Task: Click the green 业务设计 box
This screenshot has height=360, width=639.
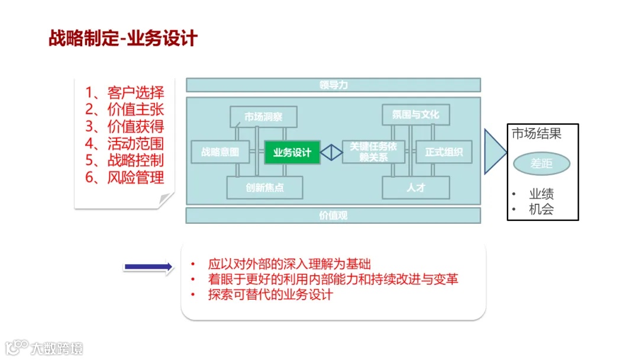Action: (x=292, y=152)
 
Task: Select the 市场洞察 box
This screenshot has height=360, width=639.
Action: (x=263, y=117)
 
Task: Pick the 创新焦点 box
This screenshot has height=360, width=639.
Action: (x=264, y=188)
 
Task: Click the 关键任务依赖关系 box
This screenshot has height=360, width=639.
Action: (x=373, y=152)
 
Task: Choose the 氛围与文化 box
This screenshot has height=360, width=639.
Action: (x=415, y=114)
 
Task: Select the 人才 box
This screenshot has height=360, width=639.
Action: (x=415, y=188)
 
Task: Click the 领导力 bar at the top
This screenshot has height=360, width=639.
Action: (x=333, y=85)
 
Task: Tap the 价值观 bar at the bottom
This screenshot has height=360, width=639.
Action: (x=333, y=216)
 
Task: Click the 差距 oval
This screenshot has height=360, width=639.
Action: (x=541, y=163)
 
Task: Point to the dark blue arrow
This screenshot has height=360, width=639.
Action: (x=148, y=267)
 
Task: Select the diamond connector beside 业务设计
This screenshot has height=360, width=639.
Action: (x=331, y=152)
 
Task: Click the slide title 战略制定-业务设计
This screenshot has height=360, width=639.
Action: (x=123, y=39)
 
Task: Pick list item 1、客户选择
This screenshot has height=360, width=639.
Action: (x=124, y=92)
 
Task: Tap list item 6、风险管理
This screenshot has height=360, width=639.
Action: (x=124, y=177)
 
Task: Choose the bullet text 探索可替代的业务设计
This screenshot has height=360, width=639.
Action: (x=270, y=294)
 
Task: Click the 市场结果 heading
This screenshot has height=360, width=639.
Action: (x=537, y=134)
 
